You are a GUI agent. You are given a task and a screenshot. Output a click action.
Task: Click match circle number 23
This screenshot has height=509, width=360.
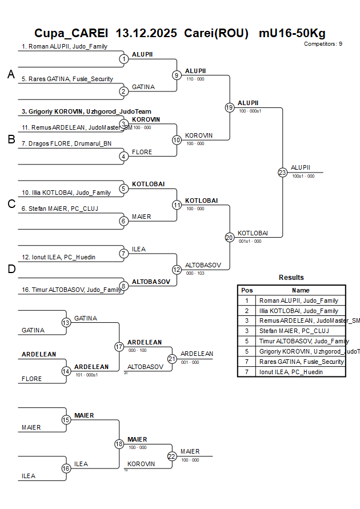point(282,172)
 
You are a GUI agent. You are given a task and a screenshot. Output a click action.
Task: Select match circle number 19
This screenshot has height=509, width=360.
point(229,107)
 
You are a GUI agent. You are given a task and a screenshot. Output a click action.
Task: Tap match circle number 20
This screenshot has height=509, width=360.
point(229,237)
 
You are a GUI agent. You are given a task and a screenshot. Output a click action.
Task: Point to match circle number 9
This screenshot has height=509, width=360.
point(177,75)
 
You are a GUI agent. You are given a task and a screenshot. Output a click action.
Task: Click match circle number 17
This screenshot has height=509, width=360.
point(119,347)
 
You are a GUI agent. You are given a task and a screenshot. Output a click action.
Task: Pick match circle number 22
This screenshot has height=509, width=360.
point(172,456)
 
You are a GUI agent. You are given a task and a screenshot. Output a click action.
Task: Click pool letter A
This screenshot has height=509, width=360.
point(11,74)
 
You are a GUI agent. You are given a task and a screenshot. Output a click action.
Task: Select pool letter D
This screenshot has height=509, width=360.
point(11,270)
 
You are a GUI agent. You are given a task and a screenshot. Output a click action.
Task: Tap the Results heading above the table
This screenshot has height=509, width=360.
point(291,278)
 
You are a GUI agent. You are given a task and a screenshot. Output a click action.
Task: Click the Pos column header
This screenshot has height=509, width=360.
point(247,290)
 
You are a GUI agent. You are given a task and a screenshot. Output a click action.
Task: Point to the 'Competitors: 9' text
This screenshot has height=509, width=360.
point(323,43)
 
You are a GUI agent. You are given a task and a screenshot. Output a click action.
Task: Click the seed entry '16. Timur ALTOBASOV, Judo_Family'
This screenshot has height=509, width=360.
point(71,290)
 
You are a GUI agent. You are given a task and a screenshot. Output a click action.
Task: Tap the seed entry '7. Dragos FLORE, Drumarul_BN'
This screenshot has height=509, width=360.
point(67,143)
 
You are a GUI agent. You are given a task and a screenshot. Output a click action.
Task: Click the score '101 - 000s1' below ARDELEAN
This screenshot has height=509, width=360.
point(87,375)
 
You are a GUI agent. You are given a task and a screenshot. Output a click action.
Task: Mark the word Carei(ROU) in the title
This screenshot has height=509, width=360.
point(216,33)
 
